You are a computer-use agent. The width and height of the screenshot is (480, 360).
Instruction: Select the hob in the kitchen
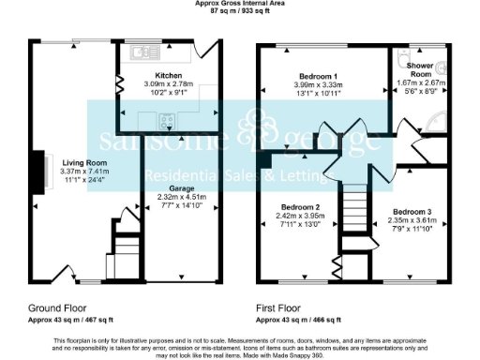(x=168, y=119)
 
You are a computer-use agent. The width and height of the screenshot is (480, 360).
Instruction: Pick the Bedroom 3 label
(x=412, y=212)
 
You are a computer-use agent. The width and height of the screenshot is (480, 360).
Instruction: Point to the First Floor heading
(x=278, y=307)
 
